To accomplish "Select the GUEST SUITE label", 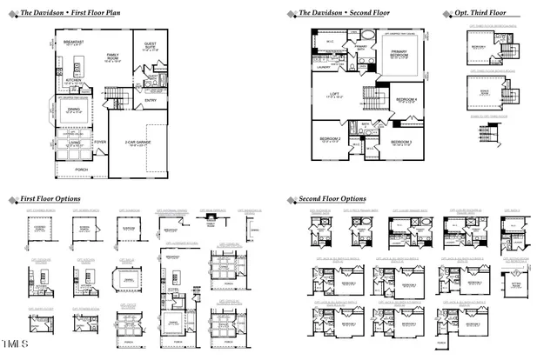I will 151,49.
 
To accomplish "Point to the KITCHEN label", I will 74,81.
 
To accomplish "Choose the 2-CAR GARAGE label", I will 138,143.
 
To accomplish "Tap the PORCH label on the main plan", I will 82,169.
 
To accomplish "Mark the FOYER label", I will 100,141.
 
